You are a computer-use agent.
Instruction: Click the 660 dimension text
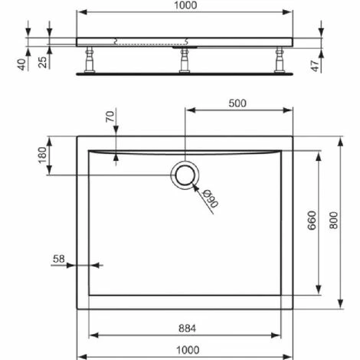pos(311,222)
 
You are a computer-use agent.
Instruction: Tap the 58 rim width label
pos(58,259)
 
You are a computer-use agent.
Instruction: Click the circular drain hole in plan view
pos(185,175)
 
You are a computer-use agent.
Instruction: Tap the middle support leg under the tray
pos(185,61)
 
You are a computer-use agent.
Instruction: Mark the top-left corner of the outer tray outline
pos(77,136)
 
